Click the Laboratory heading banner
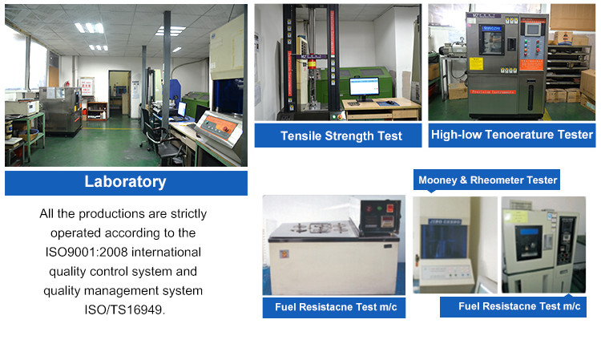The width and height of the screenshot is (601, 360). [x=126, y=183]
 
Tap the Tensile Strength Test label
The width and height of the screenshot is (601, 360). [x=338, y=136]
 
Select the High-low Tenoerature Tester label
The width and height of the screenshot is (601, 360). [x=512, y=135]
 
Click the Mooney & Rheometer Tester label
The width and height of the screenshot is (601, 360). [x=486, y=180]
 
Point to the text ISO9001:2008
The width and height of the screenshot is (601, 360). [x=87, y=252]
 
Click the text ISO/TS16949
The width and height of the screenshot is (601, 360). [x=124, y=309]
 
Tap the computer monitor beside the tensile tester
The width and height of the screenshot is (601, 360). [x=364, y=87]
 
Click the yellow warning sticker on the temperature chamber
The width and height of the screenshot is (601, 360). [x=477, y=64]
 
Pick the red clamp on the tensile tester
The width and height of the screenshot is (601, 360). [x=313, y=63]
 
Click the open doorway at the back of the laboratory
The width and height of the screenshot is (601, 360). [x=119, y=93]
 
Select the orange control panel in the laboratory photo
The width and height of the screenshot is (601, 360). [x=220, y=126]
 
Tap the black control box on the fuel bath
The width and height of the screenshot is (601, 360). [x=380, y=217]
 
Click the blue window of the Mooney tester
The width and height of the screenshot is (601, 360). [x=444, y=242]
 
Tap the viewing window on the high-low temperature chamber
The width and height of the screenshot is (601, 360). [x=491, y=40]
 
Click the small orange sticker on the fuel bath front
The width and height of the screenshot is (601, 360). [x=284, y=254]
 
